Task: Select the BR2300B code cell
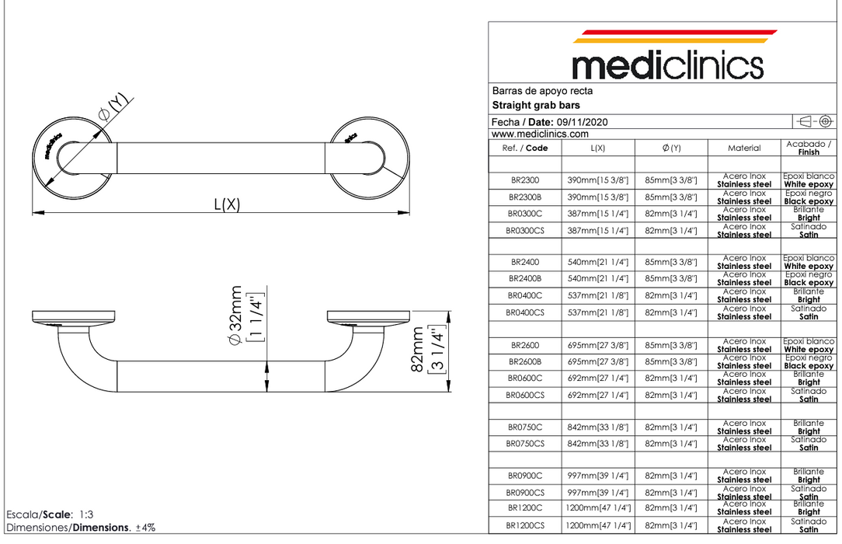tap(526, 197)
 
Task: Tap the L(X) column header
tap(598, 148)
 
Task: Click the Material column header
tap(744, 148)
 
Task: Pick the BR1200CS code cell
tap(526, 526)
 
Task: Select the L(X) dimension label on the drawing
tap(228, 204)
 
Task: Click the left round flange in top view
tap(67, 152)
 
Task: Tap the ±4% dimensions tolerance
tap(145, 528)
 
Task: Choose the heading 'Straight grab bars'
tap(536, 105)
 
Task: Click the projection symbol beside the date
tap(815, 121)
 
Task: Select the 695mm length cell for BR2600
tap(598, 344)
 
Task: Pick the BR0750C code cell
tap(526, 427)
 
